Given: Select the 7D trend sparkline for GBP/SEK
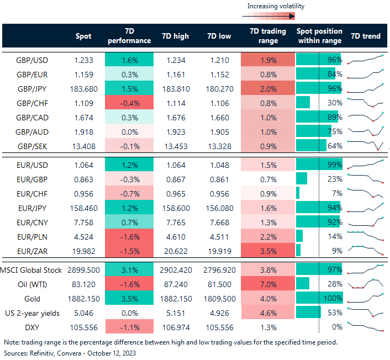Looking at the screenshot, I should [365, 145].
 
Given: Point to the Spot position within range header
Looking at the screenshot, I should [319, 36].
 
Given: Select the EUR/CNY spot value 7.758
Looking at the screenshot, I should [82, 221].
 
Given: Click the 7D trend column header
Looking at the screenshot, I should [365, 36].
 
